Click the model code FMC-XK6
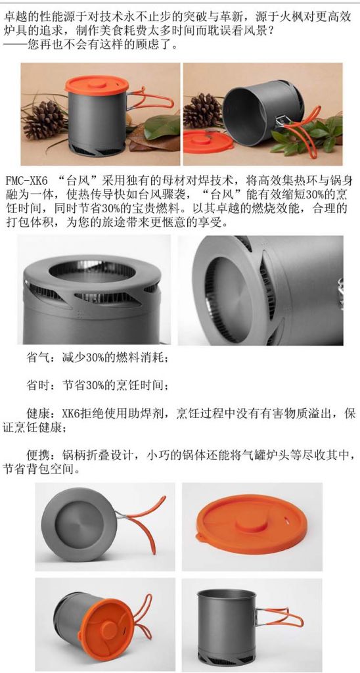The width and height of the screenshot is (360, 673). [x=26, y=179]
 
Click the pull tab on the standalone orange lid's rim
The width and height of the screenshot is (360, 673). [x=200, y=536]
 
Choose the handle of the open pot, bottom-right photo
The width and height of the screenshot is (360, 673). [x=280, y=617]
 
